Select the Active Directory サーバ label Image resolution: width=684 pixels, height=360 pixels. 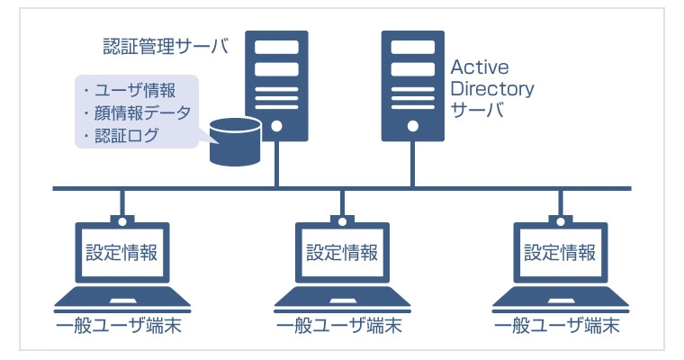491,89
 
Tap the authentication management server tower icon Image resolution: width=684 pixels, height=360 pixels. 276,85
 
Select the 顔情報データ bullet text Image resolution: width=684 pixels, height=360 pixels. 136,113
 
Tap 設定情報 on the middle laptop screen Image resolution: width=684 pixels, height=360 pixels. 342,252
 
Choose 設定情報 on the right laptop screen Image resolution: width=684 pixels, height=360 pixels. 560,252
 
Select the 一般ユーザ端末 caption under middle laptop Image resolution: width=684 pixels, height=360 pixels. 342,326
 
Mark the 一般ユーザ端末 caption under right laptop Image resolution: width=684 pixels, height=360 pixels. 560,326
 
